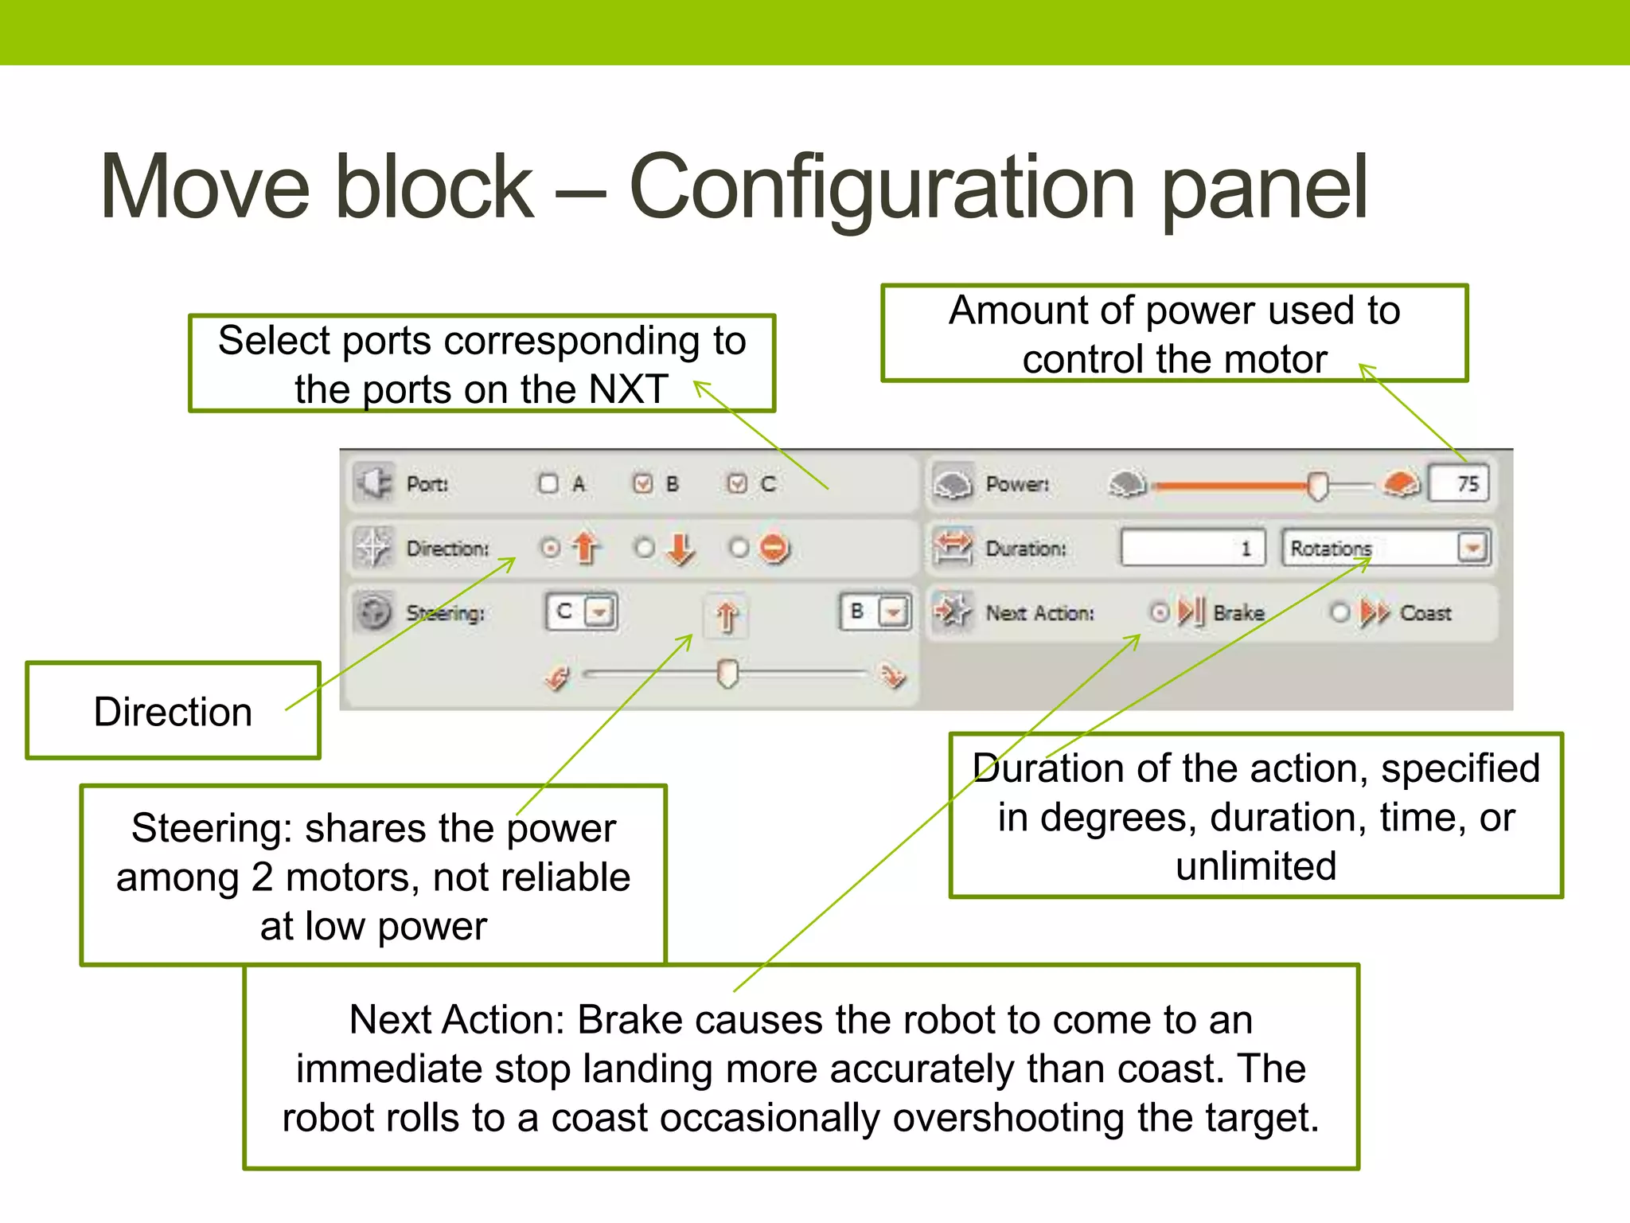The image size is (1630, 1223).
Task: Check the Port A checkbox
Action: (x=548, y=483)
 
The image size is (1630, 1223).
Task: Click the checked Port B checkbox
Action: (x=643, y=483)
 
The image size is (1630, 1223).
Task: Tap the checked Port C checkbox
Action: (x=738, y=483)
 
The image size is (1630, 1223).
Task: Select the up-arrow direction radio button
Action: (x=550, y=548)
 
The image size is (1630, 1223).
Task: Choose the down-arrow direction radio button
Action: (x=645, y=548)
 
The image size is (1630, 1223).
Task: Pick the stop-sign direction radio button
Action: (x=739, y=548)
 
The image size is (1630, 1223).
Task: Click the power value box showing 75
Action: (x=1458, y=483)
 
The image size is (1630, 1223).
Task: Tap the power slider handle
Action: (x=1318, y=485)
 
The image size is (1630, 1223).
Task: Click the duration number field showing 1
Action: (x=1192, y=548)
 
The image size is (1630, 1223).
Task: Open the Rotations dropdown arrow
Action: (x=1472, y=548)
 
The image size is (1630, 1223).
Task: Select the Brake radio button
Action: (x=1160, y=612)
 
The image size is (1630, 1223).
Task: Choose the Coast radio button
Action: (x=1340, y=612)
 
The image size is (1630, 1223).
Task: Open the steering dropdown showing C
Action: (x=599, y=612)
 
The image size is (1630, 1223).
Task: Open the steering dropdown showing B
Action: (x=893, y=612)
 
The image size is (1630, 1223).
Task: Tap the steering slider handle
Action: (x=727, y=674)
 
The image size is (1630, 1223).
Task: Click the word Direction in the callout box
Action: (x=173, y=712)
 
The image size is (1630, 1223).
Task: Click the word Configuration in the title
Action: (x=882, y=188)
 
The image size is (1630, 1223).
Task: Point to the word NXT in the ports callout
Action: (x=628, y=389)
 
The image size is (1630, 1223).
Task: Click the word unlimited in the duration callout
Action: (x=1256, y=866)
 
